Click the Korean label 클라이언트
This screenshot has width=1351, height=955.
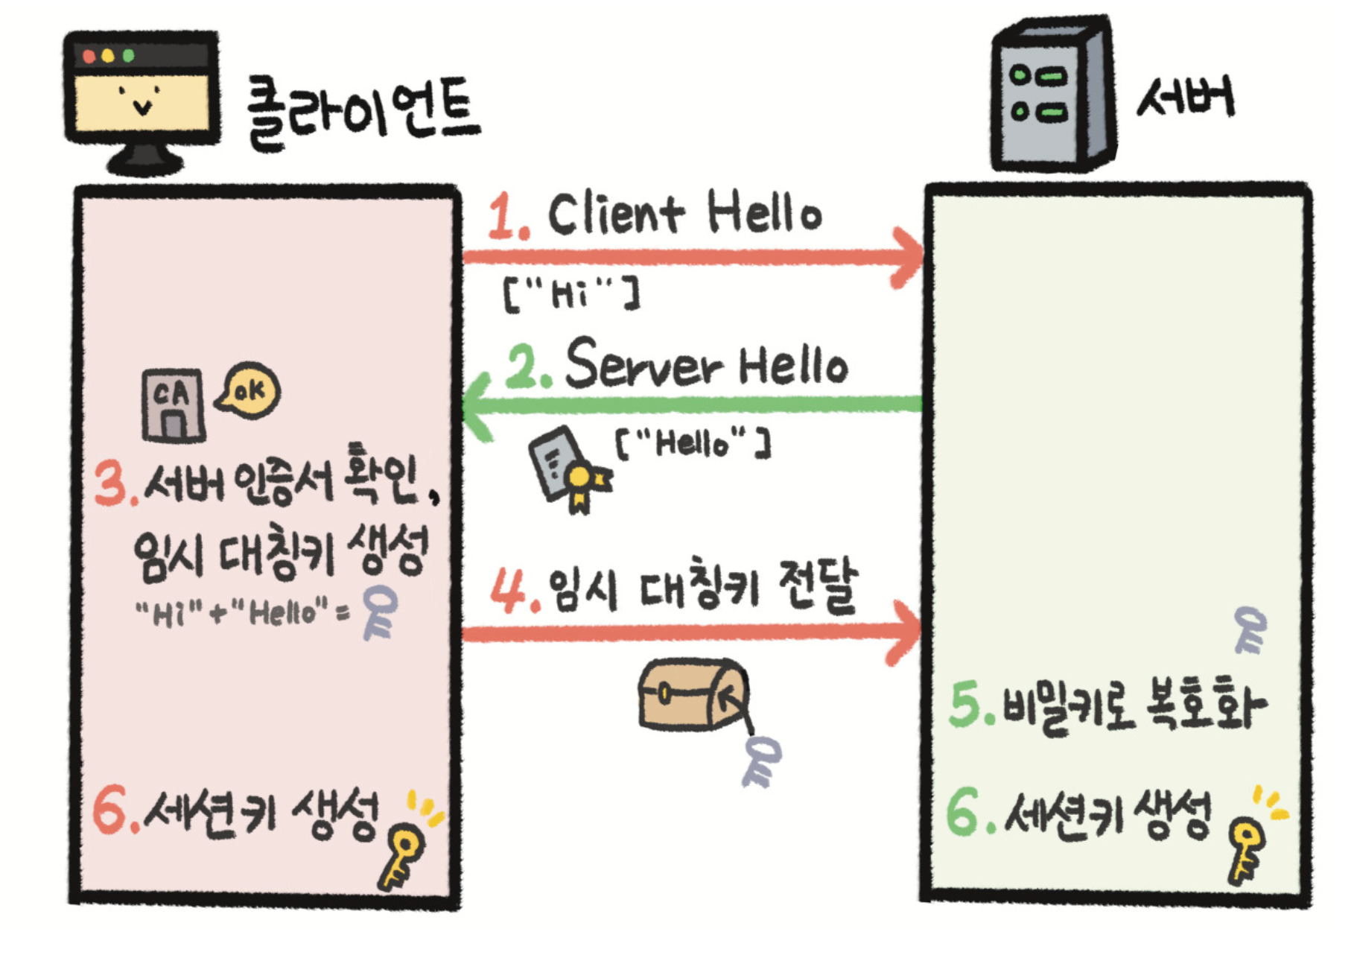click(x=363, y=112)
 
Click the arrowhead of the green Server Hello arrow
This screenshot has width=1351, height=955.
click(x=477, y=406)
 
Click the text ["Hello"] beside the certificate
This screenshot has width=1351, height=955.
click(x=693, y=442)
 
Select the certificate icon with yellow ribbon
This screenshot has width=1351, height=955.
click(x=569, y=469)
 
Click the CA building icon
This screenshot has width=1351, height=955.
click(x=173, y=404)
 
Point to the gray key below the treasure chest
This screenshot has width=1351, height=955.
click(x=760, y=761)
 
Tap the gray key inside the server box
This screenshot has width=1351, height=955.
click(x=1250, y=629)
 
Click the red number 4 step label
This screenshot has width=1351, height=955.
click(x=509, y=591)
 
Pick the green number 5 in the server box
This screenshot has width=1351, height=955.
click(x=967, y=705)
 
